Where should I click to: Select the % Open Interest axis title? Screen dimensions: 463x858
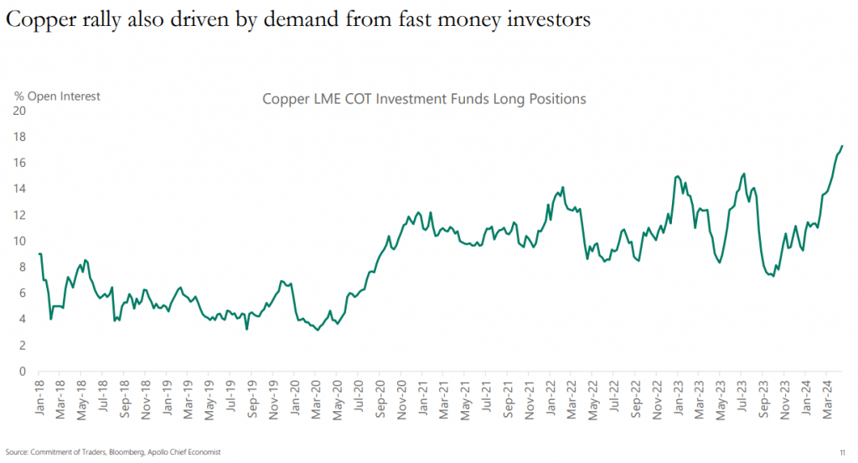[57, 96]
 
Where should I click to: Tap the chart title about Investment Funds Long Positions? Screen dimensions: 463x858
[424, 99]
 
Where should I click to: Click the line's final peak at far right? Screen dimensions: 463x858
[841, 146]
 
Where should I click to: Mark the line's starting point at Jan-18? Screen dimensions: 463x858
[39, 253]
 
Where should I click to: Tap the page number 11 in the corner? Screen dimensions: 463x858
[842, 452]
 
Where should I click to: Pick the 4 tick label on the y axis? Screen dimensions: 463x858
[21, 319]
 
